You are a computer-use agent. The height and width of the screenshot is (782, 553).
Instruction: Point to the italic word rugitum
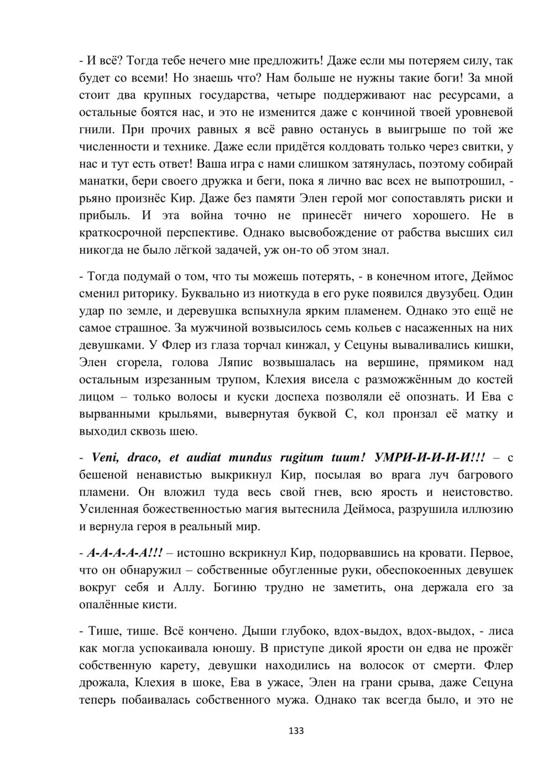296,457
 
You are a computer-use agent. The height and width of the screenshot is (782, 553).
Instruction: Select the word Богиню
241,587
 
